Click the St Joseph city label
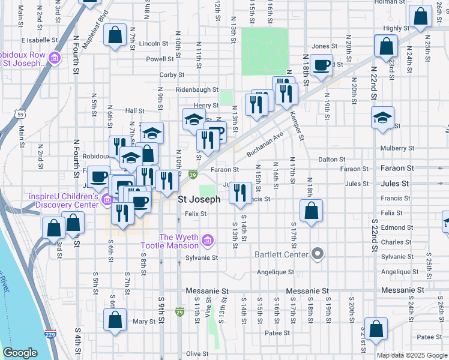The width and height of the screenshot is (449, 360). [199, 199]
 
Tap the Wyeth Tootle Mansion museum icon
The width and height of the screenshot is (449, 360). [208, 241]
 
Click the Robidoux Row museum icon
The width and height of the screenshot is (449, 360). [54, 58]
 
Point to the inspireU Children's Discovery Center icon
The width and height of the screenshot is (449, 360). [107, 199]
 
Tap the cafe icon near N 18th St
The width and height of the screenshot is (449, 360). [321, 65]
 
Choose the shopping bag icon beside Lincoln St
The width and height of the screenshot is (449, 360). [115, 35]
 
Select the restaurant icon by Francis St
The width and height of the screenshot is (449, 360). [240, 193]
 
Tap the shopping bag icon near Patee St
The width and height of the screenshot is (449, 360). [376, 329]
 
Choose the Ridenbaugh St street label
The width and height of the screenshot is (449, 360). [196, 89]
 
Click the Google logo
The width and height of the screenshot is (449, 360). [20, 353]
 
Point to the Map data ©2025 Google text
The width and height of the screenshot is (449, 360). [411, 355]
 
